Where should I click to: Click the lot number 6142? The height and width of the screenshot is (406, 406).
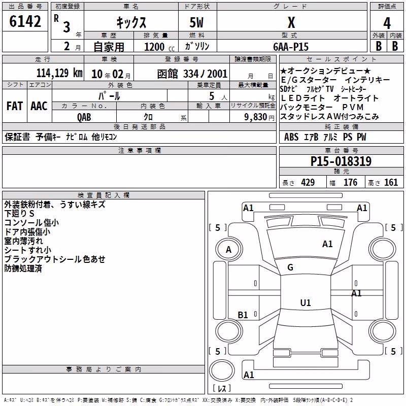pyautogui.click(x=25, y=21)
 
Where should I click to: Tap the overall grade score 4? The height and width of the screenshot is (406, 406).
pyautogui.click(x=387, y=23)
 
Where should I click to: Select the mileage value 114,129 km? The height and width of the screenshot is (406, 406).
pyautogui.click(x=59, y=73)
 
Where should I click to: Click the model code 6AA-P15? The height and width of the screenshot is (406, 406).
pyautogui.click(x=291, y=47)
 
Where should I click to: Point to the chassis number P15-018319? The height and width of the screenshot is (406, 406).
pyautogui.click(x=341, y=161)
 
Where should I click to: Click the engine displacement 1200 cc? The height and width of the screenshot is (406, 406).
pyautogui.click(x=159, y=47)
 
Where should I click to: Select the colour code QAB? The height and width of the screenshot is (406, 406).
pyautogui.click(x=84, y=117)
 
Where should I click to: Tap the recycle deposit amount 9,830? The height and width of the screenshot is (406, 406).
pyautogui.click(x=256, y=117)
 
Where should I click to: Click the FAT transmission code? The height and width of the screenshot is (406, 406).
pyautogui.click(x=15, y=106)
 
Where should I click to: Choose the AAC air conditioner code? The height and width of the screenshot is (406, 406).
pyautogui.click(x=39, y=106)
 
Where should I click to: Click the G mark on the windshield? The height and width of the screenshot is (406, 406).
pyautogui.click(x=290, y=267)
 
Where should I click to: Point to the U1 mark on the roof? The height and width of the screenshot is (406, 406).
pyautogui.click(x=306, y=302)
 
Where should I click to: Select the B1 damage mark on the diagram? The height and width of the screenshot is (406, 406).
pyautogui.click(x=243, y=315)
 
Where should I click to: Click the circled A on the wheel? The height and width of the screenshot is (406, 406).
pyautogui.click(x=229, y=250)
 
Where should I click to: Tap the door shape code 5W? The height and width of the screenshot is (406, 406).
pyautogui.click(x=196, y=22)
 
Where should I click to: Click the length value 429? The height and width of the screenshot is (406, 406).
pyautogui.click(x=308, y=182)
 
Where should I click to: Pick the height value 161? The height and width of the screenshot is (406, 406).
pyautogui.click(x=391, y=182)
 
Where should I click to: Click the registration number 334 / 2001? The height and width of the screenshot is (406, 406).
pyautogui.click(x=205, y=74)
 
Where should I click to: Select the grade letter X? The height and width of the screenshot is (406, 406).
pyautogui.click(x=291, y=22)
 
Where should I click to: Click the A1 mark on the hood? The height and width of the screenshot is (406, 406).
pyautogui.click(x=327, y=244)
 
